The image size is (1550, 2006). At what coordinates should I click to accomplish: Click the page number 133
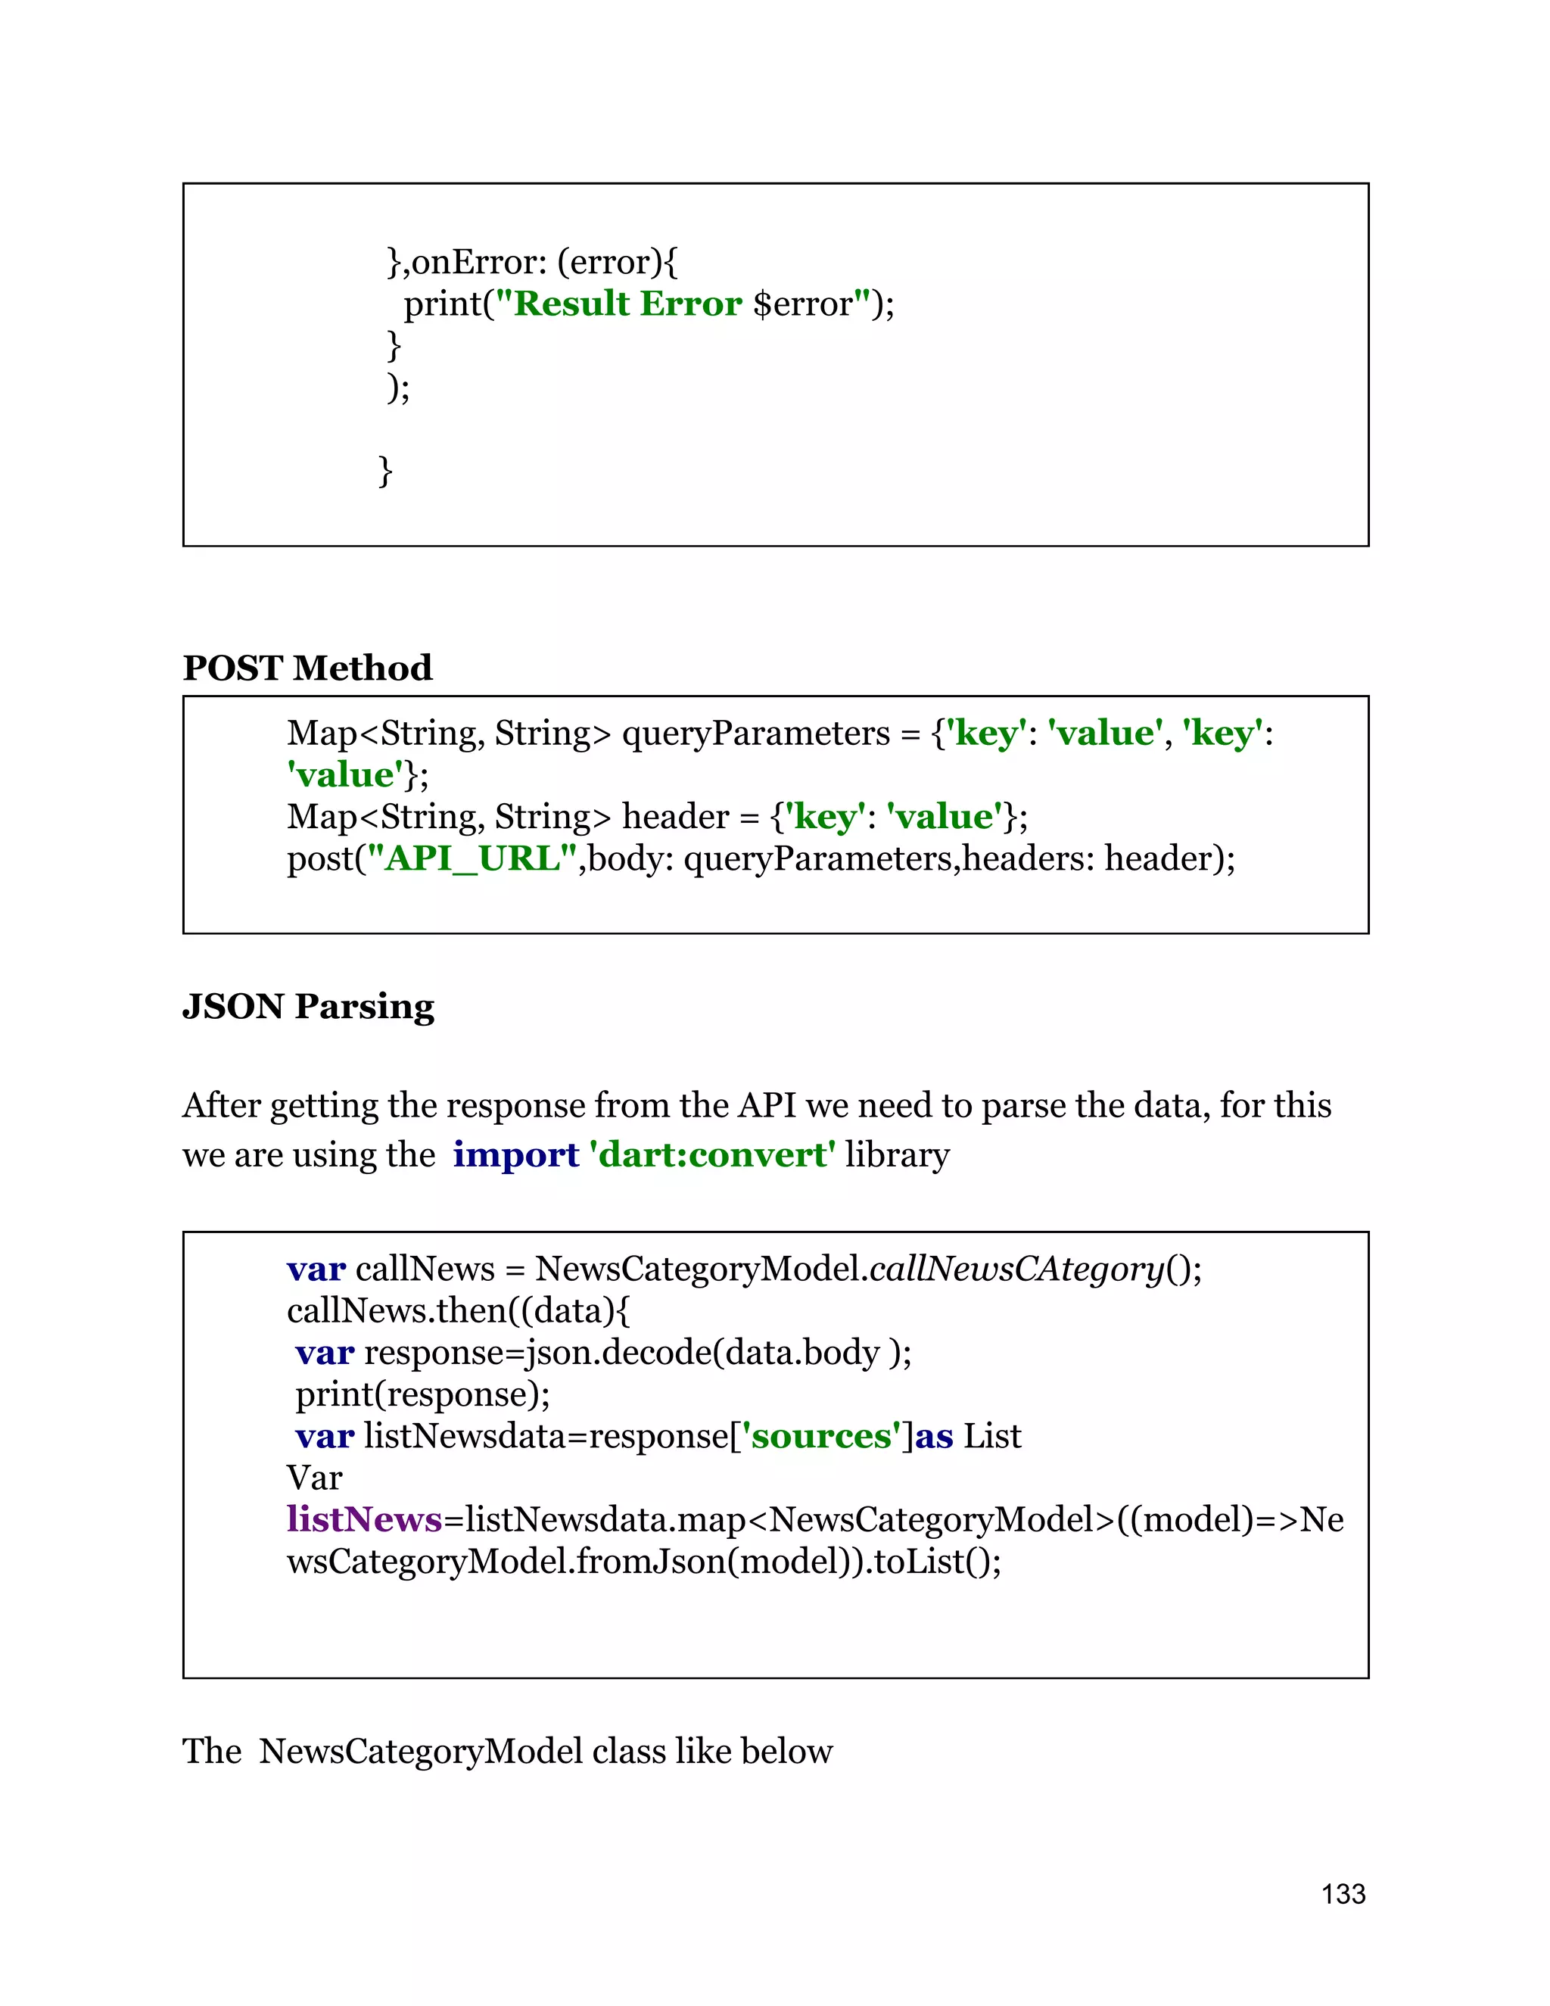pyautogui.click(x=1343, y=1893)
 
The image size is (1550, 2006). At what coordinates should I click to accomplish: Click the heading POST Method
pyautogui.click(x=307, y=668)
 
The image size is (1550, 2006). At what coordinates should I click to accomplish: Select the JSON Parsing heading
pyautogui.click(x=307, y=1007)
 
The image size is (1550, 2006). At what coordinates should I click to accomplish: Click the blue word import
pyautogui.click(x=515, y=1154)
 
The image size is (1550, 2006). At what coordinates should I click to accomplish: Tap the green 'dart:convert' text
pyautogui.click(x=712, y=1154)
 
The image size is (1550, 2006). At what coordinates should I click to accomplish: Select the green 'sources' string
pyautogui.click(x=820, y=1435)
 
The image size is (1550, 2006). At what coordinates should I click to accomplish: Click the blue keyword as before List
pyautogui.click(x=934, y=1435)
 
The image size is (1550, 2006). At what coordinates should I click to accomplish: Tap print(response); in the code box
pyautogui.click(x=422, y=1394)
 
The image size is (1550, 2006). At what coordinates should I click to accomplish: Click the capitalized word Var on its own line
pyautogui.click(x=314, y=1478)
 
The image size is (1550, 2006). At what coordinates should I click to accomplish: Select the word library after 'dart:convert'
pyautogui.click(x=897, y=1154)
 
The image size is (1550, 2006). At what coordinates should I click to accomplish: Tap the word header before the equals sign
pyautogui.click(x=675, y=817)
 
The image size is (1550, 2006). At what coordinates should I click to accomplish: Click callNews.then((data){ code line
pyautogui.click(x=458, y=1310)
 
